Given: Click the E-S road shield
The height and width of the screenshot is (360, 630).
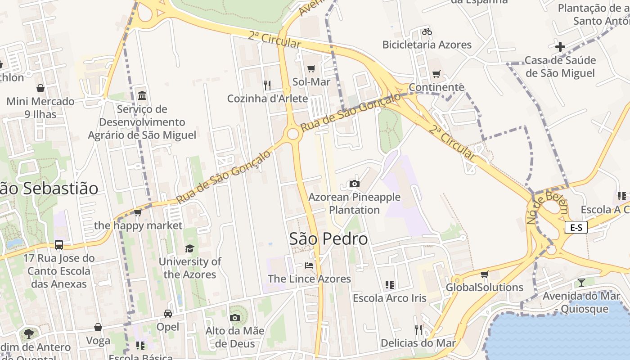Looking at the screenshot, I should (576, 227).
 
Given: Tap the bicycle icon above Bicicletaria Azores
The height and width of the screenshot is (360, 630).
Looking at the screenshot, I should (427, 31).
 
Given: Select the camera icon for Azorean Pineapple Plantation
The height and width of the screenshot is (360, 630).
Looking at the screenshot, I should (355, 184).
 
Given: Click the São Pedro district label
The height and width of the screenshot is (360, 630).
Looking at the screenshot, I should (328, 239).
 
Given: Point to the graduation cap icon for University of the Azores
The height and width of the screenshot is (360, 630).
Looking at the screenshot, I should (190, 248).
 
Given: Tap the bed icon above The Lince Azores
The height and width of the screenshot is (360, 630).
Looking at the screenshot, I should (309, 265).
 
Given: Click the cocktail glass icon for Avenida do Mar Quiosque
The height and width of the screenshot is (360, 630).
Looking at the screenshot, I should (581, 282).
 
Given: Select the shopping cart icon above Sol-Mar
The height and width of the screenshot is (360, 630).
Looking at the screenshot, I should (311, 68).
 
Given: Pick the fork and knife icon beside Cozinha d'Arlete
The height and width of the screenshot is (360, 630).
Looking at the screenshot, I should (267, 85).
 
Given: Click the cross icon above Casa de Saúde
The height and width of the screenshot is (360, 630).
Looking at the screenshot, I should (560, 46).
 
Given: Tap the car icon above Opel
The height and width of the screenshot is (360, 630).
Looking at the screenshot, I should (167, 313).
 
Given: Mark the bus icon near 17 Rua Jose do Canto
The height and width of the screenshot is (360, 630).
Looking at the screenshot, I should (59, 245).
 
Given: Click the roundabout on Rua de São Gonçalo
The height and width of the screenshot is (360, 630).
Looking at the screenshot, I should (293, 134).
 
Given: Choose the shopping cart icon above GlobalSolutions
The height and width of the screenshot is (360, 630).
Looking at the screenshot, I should (484, 274).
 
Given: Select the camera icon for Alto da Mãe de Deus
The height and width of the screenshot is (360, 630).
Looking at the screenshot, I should (234, 318).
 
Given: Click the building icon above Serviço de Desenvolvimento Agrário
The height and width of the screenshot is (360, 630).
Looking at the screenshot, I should (142, 95).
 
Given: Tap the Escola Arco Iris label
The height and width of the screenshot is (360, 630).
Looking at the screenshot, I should (389, 298).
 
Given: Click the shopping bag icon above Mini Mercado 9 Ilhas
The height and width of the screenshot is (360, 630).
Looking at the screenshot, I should (40, 88).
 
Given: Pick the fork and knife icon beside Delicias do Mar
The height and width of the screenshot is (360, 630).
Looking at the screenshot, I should (418, 330).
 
